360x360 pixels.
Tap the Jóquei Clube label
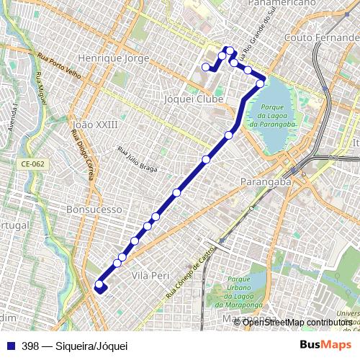coord(192,99)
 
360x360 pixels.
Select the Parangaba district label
coord(266,181)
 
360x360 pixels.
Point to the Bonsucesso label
coord(94,209)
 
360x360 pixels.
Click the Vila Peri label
coord(150,275)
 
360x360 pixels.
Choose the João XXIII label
coord(95,125)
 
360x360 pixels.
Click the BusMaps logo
coord(326,345)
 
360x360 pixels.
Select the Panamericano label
coord(282,4)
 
